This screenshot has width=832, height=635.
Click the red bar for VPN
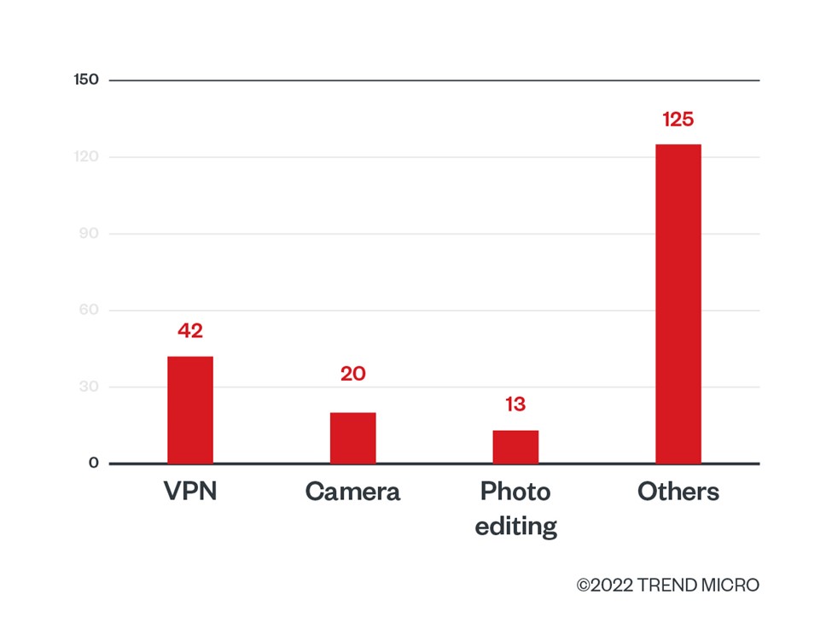(190, 410)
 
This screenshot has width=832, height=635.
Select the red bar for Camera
(352, 438)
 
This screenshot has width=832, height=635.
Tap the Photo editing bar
(515, 446)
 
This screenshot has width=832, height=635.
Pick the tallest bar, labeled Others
(678, 304)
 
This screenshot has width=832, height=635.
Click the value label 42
(190, 331)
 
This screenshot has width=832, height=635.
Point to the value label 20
(352, 374)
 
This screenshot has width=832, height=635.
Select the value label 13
(515, 404)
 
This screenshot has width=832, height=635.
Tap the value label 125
(678, 119)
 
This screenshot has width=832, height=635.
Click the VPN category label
(190, 492)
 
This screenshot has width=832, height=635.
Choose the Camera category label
(352, 492)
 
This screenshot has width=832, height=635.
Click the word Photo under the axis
(515, 492)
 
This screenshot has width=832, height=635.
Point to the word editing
(515, 527)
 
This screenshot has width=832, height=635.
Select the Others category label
(678, 492)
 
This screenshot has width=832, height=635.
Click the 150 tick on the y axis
(86, 80)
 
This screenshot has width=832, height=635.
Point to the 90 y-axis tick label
(90, 234)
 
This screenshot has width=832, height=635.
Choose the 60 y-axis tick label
(90, 310)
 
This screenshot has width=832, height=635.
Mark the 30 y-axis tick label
(90, 387)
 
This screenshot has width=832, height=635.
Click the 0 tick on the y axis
(93, 463)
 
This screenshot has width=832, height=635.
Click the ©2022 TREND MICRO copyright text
(667, 585)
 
